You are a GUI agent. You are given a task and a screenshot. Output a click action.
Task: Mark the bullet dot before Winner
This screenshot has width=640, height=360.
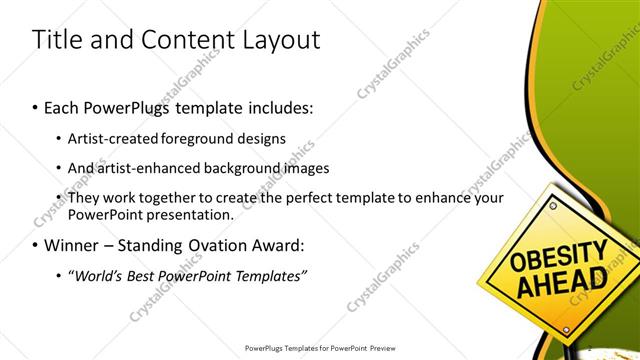pyautogui.click(x=36, y=246)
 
